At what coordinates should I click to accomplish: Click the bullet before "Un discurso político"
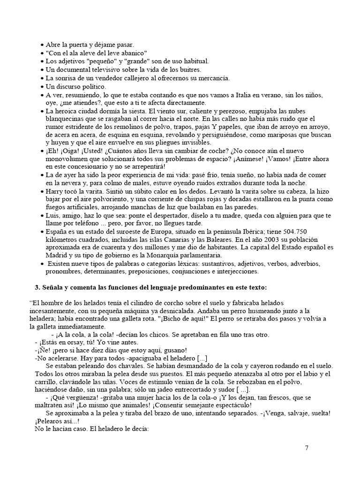pyautogui.click(x=42, y=87)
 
